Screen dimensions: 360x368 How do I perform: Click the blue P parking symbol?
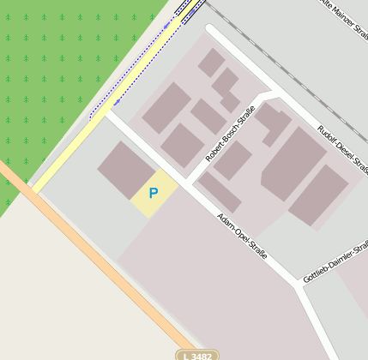pos(154,194)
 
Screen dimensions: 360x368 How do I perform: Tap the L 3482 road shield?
pos(197,355)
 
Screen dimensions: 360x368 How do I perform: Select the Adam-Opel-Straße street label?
pos(243,237)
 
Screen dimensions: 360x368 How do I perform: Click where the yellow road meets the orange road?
pos(33,188)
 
